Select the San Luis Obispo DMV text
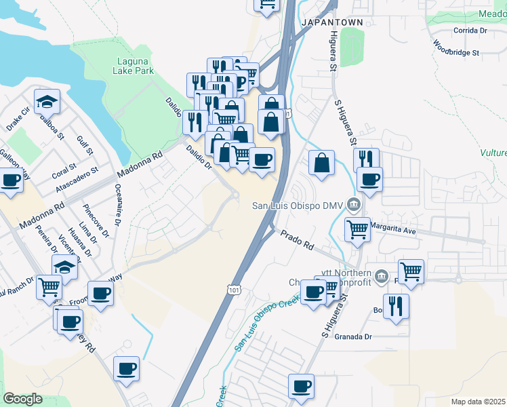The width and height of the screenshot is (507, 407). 298,205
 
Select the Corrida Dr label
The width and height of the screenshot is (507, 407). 470,31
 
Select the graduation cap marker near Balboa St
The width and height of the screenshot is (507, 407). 47,102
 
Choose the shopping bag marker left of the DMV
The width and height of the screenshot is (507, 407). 321,163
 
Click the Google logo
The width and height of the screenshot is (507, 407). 22,399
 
